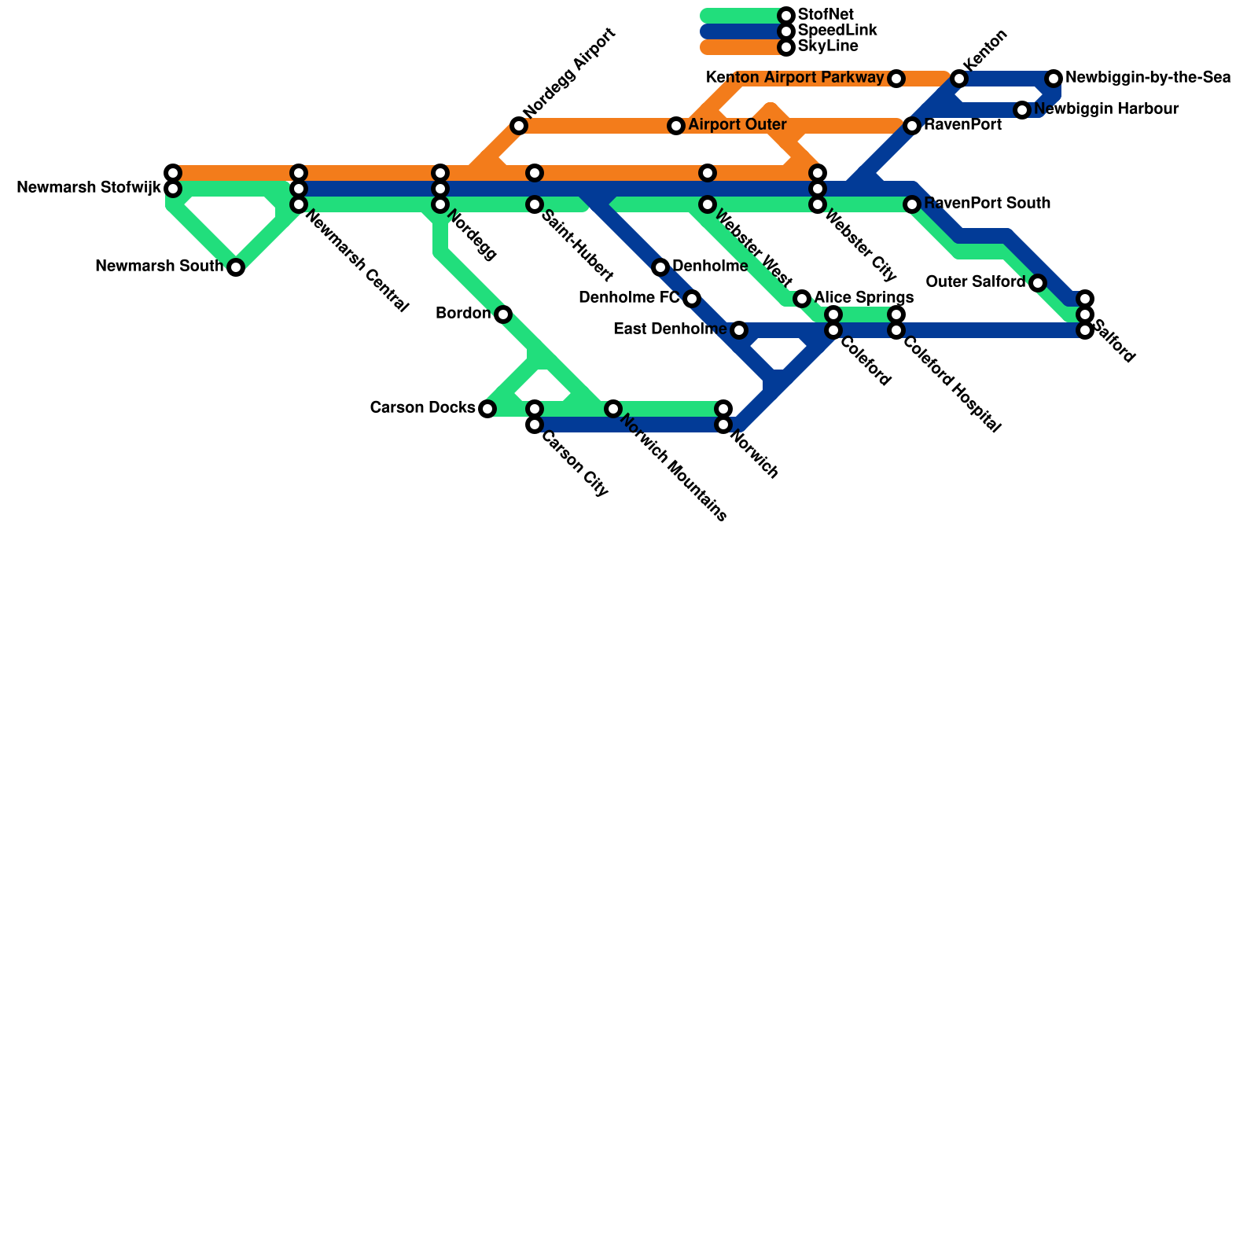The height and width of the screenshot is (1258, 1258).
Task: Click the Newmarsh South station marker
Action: pyautogui.click(x=236, y=267)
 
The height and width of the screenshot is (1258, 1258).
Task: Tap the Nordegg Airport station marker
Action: pyautogui.click(x=518, y=126)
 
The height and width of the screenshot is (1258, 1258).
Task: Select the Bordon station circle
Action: pyautogui.click(x=503, y=314)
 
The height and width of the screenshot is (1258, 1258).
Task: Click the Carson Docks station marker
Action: pyautogui.click(x=487, y=409)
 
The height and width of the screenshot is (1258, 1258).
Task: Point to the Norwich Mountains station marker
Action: pyautogui.click(x=613, y=409)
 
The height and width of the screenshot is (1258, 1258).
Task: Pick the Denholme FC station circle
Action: pyautogui.click(x=692, y=299)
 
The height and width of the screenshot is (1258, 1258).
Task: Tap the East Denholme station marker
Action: pyautogui.click(x=739, y=330)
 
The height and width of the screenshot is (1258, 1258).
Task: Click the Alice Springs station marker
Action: pyautogui.click(x=802, y=299)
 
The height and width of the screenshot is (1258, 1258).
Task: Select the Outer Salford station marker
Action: pyautogui.click(x=1038, y=283)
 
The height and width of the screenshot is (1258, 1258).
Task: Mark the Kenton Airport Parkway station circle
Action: pyautogui.click(x=896, y=79)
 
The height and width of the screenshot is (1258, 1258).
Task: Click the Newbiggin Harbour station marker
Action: pyautogui.click(x=1022, y=110)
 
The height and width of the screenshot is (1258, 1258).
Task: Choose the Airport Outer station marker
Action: pyautogui.click(x=676, y=126)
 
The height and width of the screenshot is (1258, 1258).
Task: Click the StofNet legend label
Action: pyautogui.click(x=826, y=15)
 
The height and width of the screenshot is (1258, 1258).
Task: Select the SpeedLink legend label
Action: pyautogui.click(x=837, y=31)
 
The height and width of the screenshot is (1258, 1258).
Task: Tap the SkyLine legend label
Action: pyautogui.click(x=828, y=46)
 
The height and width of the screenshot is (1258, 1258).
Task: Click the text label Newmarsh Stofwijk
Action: pyautogui.click(x=88, y=188)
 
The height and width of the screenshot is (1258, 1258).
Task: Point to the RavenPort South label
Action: pyautogui.click(x=987, y=204)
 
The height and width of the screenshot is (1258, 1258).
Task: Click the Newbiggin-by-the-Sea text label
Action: pyautogui.click(x=1148, y=78)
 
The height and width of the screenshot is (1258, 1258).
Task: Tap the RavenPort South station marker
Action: pyautogui.click(x=912, y=204)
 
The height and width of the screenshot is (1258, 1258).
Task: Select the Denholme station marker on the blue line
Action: pyautogui.click(x=660, y=267)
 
